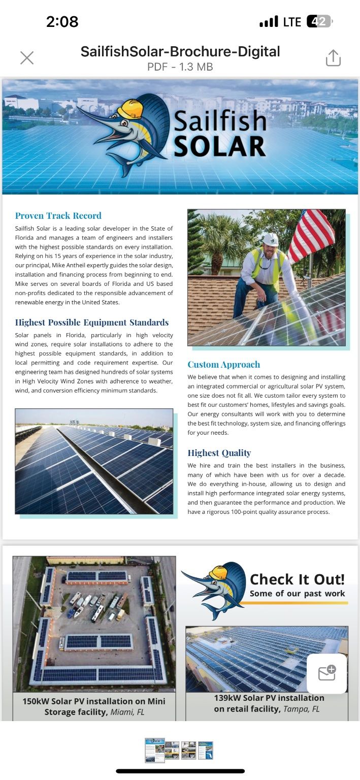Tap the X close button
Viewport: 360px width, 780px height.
coord(27,58)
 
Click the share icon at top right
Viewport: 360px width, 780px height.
coord(333,58)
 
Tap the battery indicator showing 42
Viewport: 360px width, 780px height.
coord(319,22)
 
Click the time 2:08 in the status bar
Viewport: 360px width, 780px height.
coord(62,22)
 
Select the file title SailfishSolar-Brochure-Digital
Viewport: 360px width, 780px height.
coord(180,51)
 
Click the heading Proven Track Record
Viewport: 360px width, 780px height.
coord(58,216)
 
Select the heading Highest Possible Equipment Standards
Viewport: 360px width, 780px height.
coord(92,322)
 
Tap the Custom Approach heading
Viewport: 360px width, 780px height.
coord(223,365)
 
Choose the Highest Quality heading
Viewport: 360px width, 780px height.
coord(219,453)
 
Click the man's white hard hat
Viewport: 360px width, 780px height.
coord(271,239)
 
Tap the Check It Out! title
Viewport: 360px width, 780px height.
coord(297,579)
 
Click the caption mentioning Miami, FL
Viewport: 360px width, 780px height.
coord(94,706)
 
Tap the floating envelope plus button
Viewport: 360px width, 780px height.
coord(327,673)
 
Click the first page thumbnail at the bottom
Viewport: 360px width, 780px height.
coord(154,750)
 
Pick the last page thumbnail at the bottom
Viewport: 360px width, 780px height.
coord(205,750)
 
